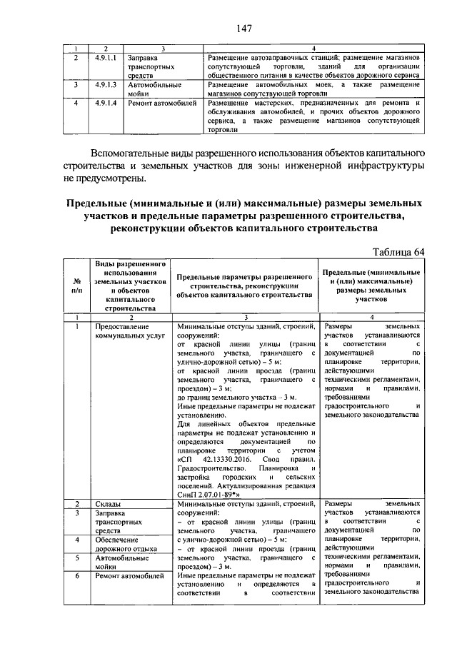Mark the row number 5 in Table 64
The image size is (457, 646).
point(76,557)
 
